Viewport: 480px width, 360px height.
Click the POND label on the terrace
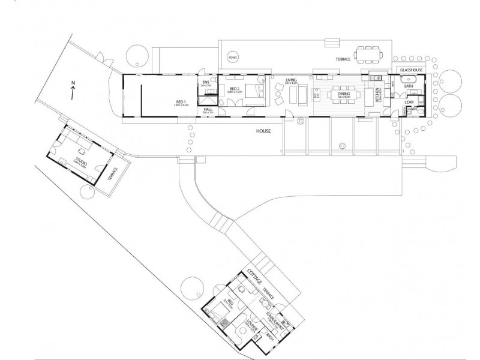[232, 57]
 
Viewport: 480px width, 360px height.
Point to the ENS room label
[206, 82]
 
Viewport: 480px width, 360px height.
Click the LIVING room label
[292, 80]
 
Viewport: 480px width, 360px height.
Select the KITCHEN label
[377, 96]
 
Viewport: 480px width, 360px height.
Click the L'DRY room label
[410, 103]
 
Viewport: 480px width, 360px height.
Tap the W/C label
[414, 110]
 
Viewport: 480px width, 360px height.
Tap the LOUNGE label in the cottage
[249, 329]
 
